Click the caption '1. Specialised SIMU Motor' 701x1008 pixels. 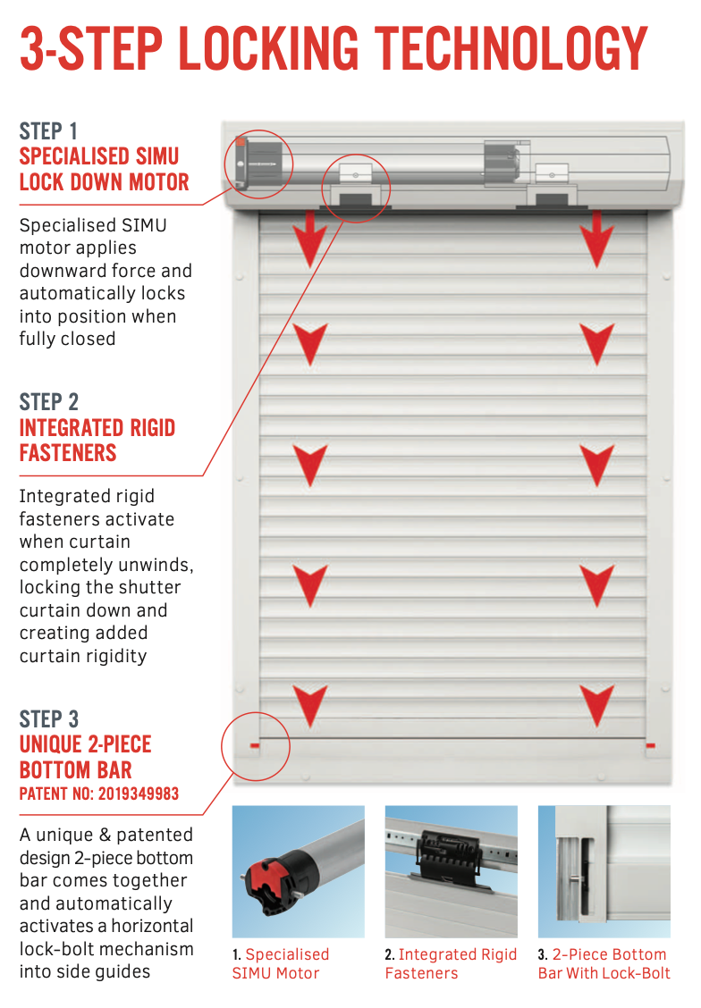coord(281,963)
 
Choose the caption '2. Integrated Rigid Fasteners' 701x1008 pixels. coord(451,963)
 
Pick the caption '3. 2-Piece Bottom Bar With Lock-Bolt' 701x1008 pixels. coord(604,963)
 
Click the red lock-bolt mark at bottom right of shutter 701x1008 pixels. coord(650,744)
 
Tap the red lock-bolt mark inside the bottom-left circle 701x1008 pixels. coord(255,744)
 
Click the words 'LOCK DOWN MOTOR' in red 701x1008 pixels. coord(104,182)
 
